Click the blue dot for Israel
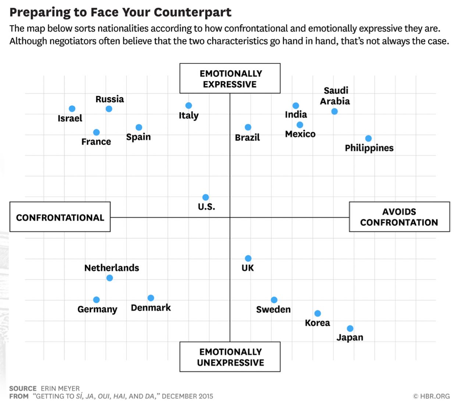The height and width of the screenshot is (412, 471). [x=72, y=109]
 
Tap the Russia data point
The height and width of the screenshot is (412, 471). [x=109, y=109]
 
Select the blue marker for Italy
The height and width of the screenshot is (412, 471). [x=188, y=106]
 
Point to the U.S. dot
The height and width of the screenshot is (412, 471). [x=206, y=198]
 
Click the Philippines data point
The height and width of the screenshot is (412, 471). [x=368, y=138]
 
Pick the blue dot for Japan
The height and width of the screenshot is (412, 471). [x=350, y=328]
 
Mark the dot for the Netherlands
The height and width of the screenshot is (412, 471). [x=110, y=278]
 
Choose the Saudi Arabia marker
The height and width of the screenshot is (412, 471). [x=334, y=111]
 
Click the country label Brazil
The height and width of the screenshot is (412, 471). [x=247, y=138]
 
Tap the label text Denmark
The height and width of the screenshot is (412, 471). [x=151, y=308]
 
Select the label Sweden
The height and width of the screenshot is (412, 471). [x=273, y=309]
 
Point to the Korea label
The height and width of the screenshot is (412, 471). [x=318, y=323]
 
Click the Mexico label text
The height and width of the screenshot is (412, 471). [x=300, y=134]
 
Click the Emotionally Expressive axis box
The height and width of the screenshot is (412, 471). [x=230, y=78]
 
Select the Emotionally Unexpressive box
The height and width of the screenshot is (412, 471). [x=230, y=357]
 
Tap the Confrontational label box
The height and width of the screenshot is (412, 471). [x=60, y=217]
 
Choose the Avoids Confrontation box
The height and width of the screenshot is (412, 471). [x=399, y=217]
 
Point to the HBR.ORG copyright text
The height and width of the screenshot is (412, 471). [x=432, y=396]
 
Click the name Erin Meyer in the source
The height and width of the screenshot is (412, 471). [x=60, y=388]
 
